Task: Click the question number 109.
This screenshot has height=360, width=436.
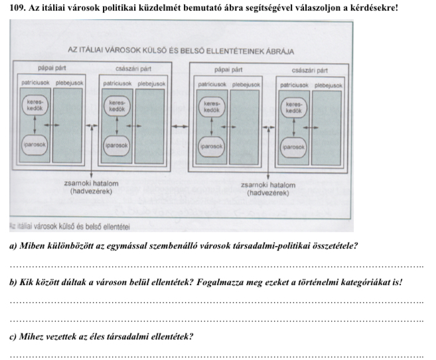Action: pos(13,8)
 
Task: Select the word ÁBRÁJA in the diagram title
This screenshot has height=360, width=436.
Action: pos(279,50)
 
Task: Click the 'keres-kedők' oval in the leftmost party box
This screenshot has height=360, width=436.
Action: pos(35,106)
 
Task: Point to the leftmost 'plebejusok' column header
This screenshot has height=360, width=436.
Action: pos(68,84)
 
